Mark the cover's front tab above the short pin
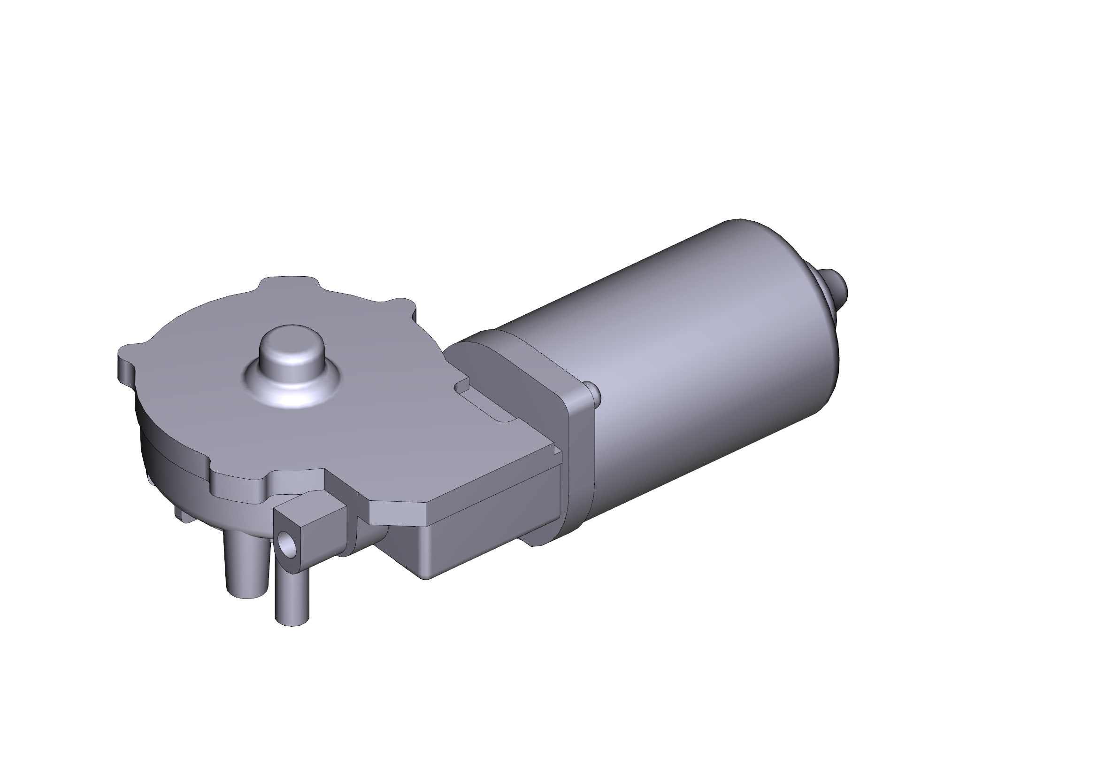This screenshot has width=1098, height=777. pyautogui.click(x=239, y=483)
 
